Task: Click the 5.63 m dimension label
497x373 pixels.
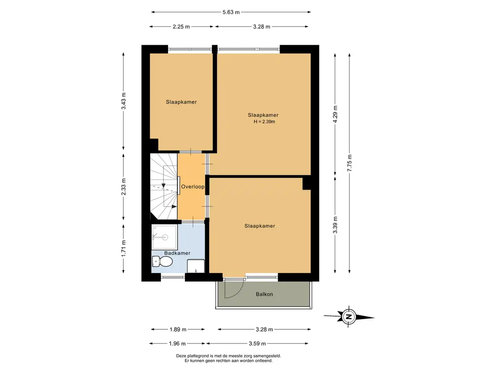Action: pos(231,12)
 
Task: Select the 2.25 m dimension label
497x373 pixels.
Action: pos(182,27)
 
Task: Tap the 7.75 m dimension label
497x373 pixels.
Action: pos(349,163)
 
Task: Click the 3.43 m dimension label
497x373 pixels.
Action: pos(123,101)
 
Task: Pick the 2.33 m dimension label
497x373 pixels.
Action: pos(123,187)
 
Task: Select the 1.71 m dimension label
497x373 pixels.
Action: pos(123,249)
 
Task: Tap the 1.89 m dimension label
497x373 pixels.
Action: pos(178,329)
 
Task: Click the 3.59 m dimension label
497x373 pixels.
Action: pos(257,343)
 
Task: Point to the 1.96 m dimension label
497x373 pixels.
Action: pos(177,343)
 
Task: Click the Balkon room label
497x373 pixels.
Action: pos(265,294)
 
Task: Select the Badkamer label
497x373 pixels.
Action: pos(177,253)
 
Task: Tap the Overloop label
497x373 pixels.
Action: pos(193,186)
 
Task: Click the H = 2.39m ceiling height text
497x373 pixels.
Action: pos(265,121)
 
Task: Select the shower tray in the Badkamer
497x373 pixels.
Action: pos(164,237)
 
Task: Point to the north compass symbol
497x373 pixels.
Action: pos(349,317)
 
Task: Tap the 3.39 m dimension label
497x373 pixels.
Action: pos(335,225)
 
